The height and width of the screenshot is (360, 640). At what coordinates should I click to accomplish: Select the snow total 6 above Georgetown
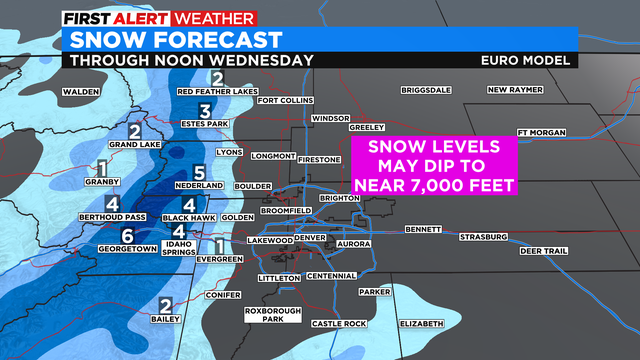pos(127,236)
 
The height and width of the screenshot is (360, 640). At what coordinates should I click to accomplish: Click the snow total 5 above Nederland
pos(199,172)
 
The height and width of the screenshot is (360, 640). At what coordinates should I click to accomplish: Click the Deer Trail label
pos(543,250)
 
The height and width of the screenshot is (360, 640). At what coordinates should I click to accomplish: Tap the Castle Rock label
pos(340,324)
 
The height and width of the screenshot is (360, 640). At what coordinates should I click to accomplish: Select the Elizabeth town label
pos(420,324)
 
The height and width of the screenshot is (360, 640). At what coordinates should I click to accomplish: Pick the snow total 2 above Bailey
pos(164,305)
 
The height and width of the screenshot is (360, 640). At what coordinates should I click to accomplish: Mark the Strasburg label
pos(484,237)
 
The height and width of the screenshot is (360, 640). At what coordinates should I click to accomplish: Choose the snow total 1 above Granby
pos(101,169)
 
